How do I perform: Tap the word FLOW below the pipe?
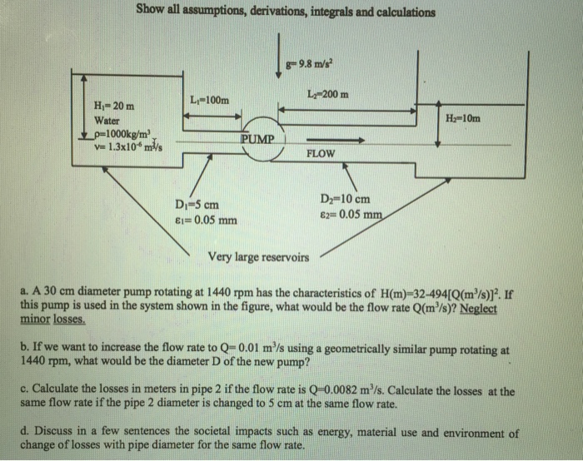point(321,154)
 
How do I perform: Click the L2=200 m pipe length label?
point(327,94)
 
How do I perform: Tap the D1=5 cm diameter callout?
point(197,205)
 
